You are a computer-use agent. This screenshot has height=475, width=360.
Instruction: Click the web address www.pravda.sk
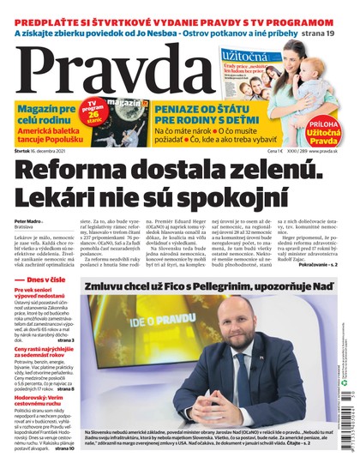coord(322,149)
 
